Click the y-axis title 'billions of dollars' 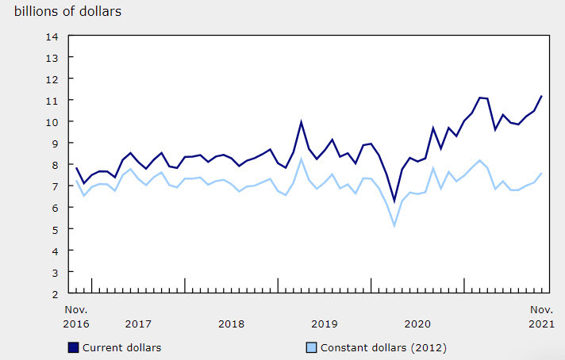click(67, 12)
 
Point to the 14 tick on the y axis click(52, 36)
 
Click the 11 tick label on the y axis click(52, 101)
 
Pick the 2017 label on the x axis click(138, 324)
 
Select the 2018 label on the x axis click(231, 324)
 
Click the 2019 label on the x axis click(324, 324)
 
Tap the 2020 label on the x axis click(417, 324)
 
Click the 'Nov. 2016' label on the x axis click(76, 316)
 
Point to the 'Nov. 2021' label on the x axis click(541, 316)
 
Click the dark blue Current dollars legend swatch click(74, 347)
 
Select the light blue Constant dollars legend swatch click(312, 347)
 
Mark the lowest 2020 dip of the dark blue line click(394, 201)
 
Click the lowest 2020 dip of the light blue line click(394, 226)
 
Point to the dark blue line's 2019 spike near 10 click(301, 121)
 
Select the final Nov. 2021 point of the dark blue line click(541, 96)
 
